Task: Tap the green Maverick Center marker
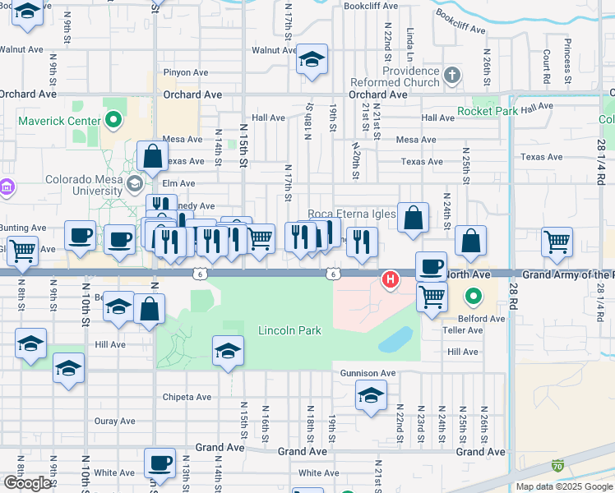point(114,122)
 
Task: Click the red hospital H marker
point(391,280)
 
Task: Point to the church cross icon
point(451,76)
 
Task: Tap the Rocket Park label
point(488,111)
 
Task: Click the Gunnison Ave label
point(368,373)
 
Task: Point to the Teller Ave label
point(465,330)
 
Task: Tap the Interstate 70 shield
point(558,465)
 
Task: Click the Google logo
point(26,483)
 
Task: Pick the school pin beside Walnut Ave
point(312,60)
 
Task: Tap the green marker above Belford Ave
point(474,296)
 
